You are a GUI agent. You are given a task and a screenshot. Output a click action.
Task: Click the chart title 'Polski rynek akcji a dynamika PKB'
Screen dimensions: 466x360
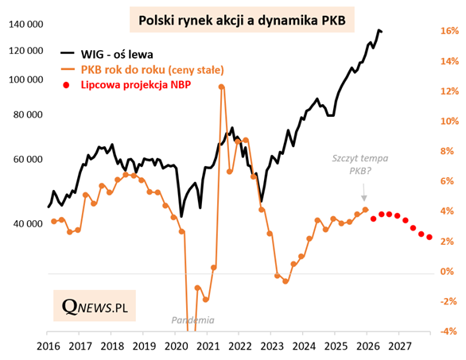242,20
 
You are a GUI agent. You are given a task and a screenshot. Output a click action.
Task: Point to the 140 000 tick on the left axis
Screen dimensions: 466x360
26,24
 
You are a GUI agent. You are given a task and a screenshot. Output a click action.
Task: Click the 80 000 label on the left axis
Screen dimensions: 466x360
28,114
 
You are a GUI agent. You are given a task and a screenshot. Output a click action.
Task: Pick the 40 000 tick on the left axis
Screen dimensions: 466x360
28,223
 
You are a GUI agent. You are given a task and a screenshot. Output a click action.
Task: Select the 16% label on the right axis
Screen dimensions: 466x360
449,31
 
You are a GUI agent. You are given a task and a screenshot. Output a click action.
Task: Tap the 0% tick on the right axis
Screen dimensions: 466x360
447,271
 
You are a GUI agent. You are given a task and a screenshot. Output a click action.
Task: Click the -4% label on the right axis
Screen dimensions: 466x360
448,331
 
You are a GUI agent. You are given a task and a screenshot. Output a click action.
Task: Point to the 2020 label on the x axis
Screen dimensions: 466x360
176,346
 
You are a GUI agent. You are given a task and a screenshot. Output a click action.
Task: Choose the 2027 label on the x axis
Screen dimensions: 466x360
400,346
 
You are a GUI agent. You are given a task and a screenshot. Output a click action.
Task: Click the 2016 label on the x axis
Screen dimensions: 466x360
49,346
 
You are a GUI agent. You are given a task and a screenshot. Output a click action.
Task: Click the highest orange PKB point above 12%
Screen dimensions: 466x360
221,87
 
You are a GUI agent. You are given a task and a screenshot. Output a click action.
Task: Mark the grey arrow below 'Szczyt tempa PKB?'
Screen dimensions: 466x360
363,192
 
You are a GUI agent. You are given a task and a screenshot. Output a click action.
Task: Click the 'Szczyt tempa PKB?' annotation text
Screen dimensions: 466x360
360,165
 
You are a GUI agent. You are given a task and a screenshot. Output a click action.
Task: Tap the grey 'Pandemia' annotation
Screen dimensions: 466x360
193,320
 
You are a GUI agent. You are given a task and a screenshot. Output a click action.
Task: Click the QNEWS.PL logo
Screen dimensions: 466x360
95,306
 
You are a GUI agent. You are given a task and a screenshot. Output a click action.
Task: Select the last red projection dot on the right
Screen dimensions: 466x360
429,237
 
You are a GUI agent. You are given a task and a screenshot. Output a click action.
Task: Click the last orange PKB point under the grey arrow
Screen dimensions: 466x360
365,210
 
